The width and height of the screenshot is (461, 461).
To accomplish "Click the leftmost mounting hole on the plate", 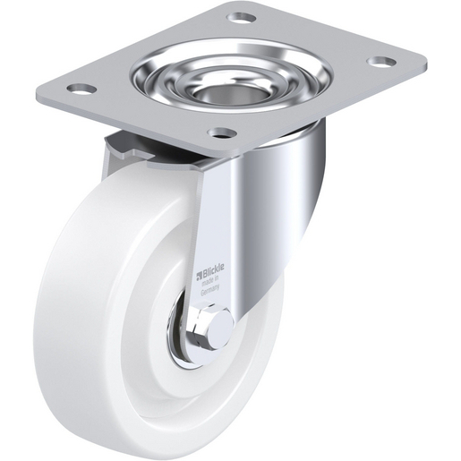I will tap(81, 90).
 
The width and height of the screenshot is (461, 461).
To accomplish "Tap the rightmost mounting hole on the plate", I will tap(382, 63).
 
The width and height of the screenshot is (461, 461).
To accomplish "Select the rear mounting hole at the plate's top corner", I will tap(242, 16).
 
